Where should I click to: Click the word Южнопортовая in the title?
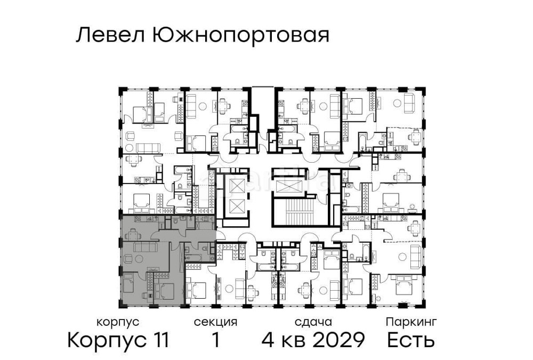pos(240,36)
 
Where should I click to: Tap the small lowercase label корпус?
pos(118,322)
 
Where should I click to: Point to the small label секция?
pos(215,322)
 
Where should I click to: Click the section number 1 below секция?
pos(215,340)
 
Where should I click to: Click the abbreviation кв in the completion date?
pos(293,340)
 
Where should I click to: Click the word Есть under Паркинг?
pos(410,340)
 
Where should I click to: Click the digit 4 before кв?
pos(269,340)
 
